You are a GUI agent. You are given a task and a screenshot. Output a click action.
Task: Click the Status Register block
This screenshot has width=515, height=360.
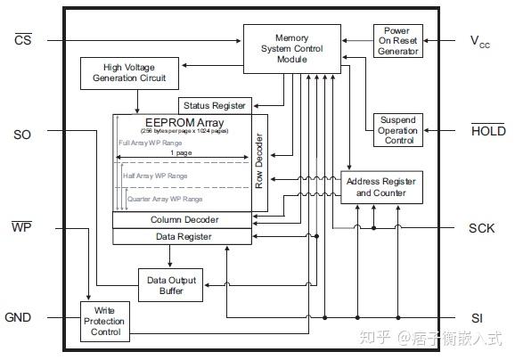tap(216, 106)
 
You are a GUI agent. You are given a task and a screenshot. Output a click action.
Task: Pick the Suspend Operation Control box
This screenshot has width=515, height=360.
tap(397, 130)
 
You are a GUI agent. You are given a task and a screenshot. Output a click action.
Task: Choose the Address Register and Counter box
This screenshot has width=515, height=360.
tap(380, 187)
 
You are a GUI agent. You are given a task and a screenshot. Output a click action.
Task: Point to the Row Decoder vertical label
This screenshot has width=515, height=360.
tap(259, 163)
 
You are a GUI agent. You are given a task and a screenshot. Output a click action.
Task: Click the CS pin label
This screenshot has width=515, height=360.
tap(22, 40)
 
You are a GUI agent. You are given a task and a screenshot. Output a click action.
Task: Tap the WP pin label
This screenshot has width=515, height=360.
tap(21, 227)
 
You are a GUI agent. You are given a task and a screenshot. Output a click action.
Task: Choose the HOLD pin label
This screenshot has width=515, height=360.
tap(486, 131)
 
